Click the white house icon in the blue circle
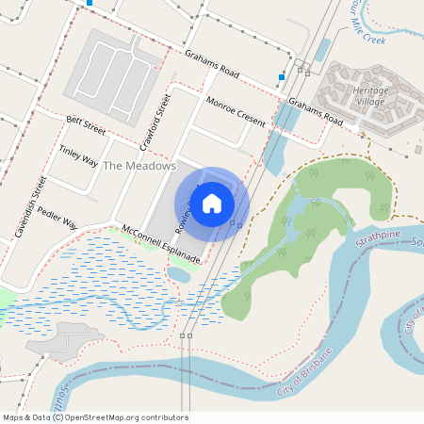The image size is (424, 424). tap(212, 202)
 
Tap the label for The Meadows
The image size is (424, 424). tap(139, 166)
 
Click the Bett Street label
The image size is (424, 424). tap(86, 125)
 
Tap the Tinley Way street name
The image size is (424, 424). tap(78, 155)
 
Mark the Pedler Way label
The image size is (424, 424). tap(58, 220)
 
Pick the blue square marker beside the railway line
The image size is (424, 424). tap(282, 76)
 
